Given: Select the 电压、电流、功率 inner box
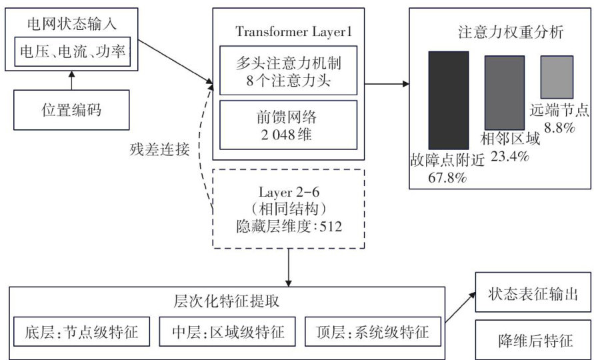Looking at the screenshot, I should click(74, 50).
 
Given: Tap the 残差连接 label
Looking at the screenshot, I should click(160, 149).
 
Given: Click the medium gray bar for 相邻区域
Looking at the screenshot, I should click(505, 92).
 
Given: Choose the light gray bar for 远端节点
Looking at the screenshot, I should click(557, 78).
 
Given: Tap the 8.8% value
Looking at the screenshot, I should click(559, 128).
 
